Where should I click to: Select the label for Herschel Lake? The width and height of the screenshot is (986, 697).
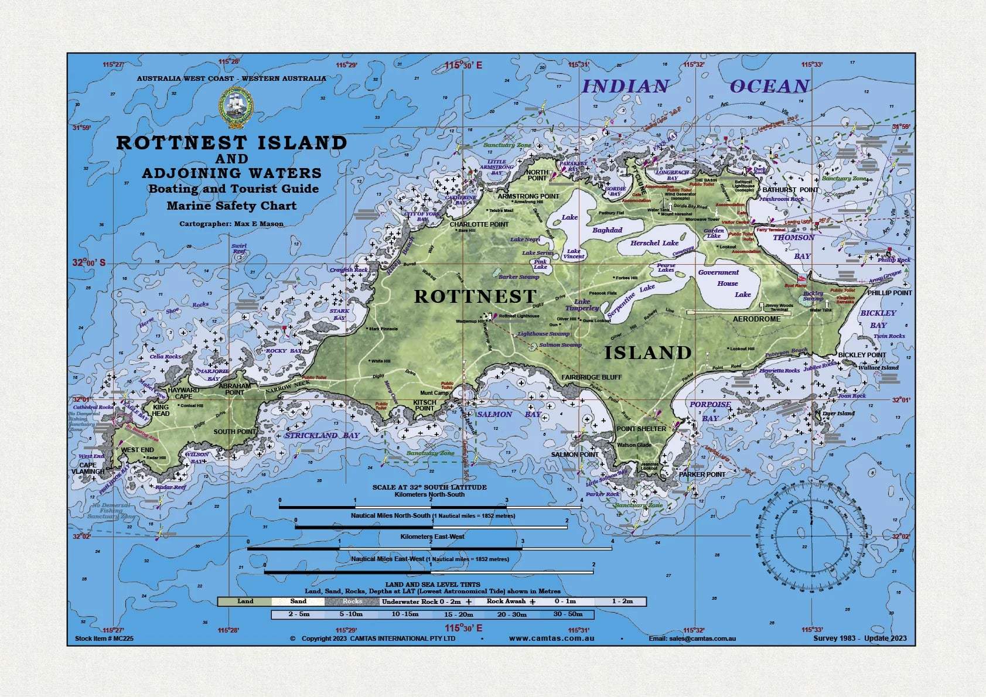pyautogui.click(x=654, y=243)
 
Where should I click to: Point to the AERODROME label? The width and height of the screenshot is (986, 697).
pyautogui.click(x=756, y=319)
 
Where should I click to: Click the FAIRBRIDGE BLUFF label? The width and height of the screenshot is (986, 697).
pyautogui.click(x=592, y=377)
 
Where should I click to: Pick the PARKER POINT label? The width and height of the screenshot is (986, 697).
pyautogui.click(x=702, y=474)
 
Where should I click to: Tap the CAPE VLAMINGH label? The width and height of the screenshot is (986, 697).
pyautogui.click(x=88, y=469)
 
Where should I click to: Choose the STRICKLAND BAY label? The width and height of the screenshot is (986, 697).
pyautogui.click(x=322, y=435)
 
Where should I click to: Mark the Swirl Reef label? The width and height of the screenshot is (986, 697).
pyautogui.click(x=239, y=249)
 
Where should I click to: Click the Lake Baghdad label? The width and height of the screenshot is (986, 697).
pyautogui.click(x=607, y=230)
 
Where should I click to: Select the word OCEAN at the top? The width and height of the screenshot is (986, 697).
pyautogui.click(x=769, y=87)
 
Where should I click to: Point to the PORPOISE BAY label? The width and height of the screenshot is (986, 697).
pyautogui.click(x=710, y=411)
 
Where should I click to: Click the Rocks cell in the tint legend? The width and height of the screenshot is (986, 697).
pyautogui.click(x=352, y=602)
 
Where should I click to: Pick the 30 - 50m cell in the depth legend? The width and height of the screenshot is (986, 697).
pyautogui.click(x=567, y=614)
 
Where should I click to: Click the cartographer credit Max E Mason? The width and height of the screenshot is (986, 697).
pyautogui.click(x=231, y=224)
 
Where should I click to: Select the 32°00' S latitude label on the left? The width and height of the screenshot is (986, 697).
pyautogui.click(x=89, y=263)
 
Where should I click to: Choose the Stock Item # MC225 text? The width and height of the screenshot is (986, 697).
pyautogui.click(x=104, y=638)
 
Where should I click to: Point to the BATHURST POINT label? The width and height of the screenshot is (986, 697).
pyautogui.click(x=790, y=190)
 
